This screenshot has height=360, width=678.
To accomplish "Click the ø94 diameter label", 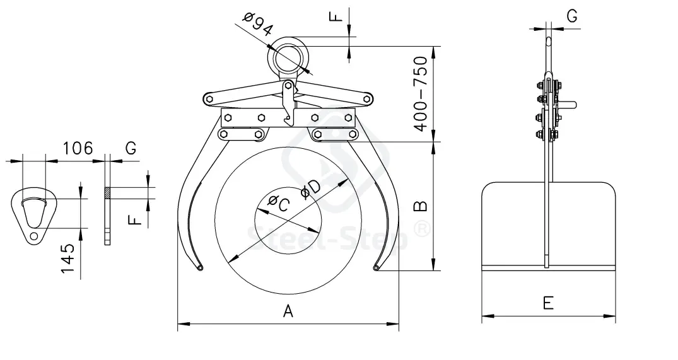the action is (x=258, y=25).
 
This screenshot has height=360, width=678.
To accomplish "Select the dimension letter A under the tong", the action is (x=288, y=311).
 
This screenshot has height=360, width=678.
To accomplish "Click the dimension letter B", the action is (x=420, y=206).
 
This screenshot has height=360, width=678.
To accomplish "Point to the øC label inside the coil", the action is (x=278, y=202).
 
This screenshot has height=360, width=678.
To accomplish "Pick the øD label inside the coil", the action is (x=310, y=189).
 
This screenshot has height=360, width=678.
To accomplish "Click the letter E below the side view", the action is (x=548, y=303).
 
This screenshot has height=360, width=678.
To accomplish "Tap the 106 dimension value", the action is (x=78, y=148).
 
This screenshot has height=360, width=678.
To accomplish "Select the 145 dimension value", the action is (x=68, y=258).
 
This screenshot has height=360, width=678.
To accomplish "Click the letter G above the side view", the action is (x=571, y=16).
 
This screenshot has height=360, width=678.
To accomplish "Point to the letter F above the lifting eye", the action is (x=336, y=16).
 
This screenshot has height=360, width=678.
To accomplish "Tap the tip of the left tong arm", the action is (x=199, y=268).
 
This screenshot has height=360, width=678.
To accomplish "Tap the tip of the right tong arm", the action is (x=377, y=268).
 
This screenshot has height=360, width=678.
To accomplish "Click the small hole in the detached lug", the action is (x=33, y=236).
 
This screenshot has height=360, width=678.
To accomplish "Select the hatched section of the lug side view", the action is (x=107, y=193).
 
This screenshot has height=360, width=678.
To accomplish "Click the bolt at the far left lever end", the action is (x=209, y=99).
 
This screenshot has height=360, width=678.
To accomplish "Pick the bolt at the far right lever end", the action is (x=366, y=99).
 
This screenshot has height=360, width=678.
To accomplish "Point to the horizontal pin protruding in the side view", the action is (x=566, y=104).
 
